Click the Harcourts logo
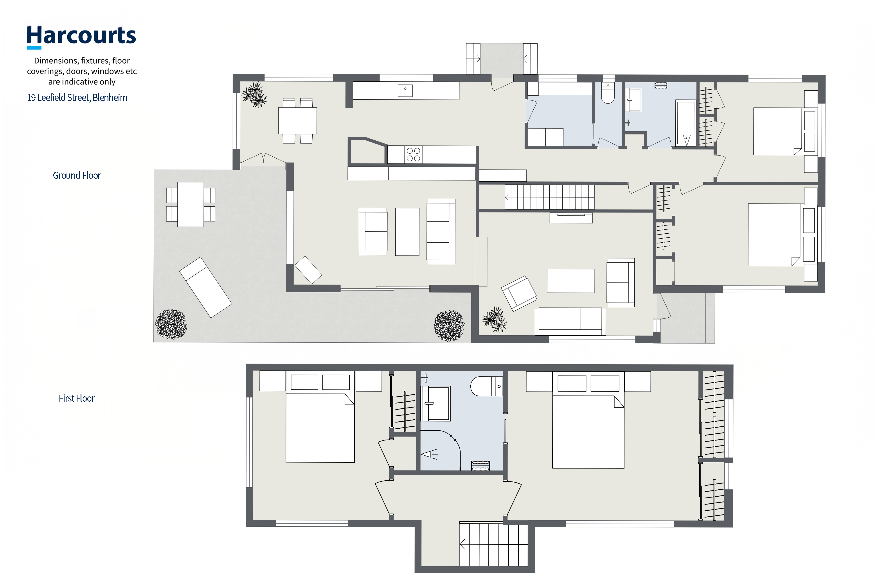pyautogui.click(x=81, y=37)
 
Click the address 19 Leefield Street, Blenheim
pyautogui.click(x=77, y=98)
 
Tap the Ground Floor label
pyautogui.click(x=77, y=175)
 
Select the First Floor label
pyautogui.click(x=77, y=398)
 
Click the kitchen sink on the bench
pyautogui.click(x=405, y=91)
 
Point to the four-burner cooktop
pyautogui.click(x=413, y=154)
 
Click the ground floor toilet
pyautogui.click(x=608, y=93)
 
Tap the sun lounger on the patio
pyautogui.click(x=205, y=287)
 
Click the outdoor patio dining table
pyautogui.click(x=190, y=204)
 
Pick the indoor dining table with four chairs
pyautogui.click(x=297, y=120)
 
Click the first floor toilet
pyautogui.click(x=486, y=386)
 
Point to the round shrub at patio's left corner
pyautogui.click(x=171, y=324)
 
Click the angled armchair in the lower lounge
pyautogui.click(x=519, y=293)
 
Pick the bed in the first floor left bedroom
pyautogui.click(x=320, y=417)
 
